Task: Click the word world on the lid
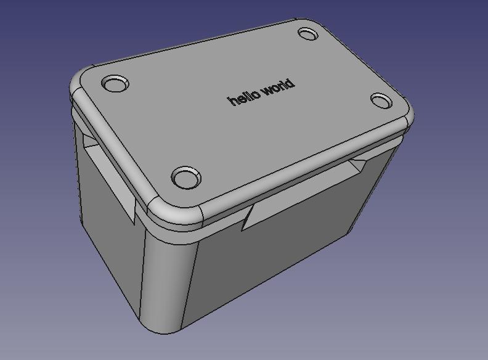click(278, 89)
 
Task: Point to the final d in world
click(290, 84)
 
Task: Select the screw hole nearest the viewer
click(186, 178)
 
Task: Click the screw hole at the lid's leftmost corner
click(115, 83)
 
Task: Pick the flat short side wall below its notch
click(111, 247)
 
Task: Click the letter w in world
click(267, 92)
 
